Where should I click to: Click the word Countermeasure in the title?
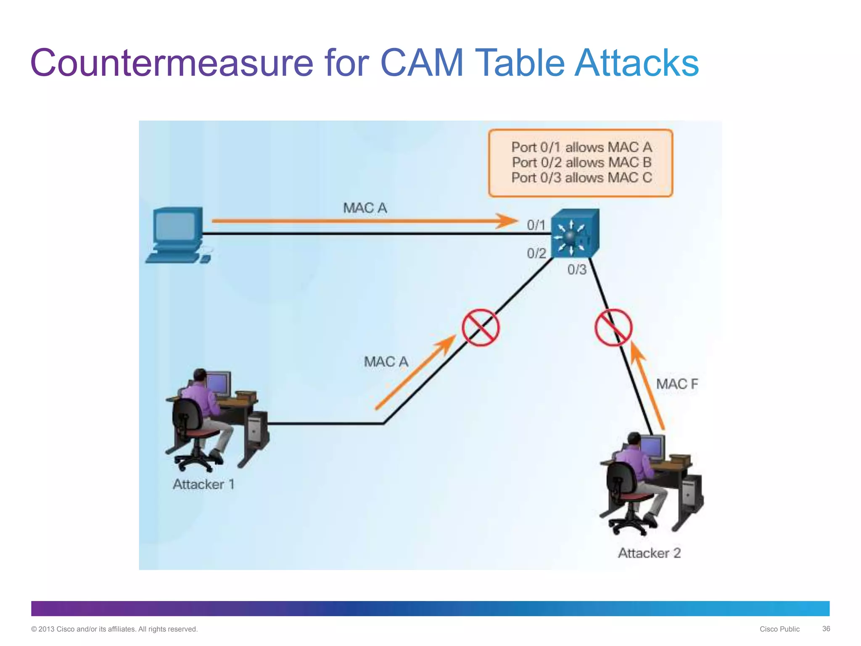point(172,63)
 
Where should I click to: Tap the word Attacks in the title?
point(637,63)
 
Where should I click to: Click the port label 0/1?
point(536,225)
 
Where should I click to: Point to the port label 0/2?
point(536,253)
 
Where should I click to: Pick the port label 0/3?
point(577,270)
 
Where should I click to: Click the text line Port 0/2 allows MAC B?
point(582,162)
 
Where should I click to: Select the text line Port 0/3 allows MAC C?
point(582,177)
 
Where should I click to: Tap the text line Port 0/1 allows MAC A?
point(582,147)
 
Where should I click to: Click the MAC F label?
point(677,384)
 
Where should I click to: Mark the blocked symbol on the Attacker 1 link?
point(481,328)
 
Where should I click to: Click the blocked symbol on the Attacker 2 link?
point(613,328)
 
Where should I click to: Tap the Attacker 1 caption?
point(203,484)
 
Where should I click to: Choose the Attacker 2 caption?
point(649,553)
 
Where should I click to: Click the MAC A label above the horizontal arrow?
point(365,208)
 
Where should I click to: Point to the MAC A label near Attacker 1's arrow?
point(386,362)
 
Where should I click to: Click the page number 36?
point(826,629)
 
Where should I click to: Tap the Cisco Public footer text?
point(779,629)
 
